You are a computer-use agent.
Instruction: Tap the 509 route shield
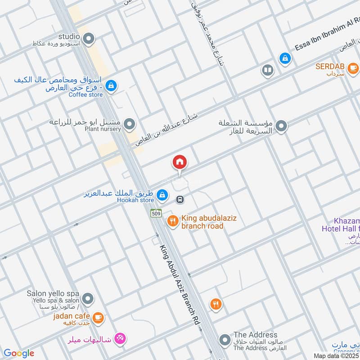(x=156, y=213)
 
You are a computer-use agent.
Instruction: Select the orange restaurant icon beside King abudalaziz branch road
(x=172, y=221)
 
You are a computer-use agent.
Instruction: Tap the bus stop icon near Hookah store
(x=179, y=198)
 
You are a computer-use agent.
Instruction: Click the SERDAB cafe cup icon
(x=353, y=68)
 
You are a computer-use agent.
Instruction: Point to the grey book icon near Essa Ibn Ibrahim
(x=267, y=71)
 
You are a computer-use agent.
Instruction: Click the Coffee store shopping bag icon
(x=112, y=85)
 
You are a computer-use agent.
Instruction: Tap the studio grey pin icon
(x=89, y=37)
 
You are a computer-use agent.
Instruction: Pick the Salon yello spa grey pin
(x=88, y=298)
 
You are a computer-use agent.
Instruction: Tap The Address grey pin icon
(x=225, y=340)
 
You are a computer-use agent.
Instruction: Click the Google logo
(x=19, y=353)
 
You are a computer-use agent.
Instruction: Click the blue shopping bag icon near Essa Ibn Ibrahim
(x=284, y=58)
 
